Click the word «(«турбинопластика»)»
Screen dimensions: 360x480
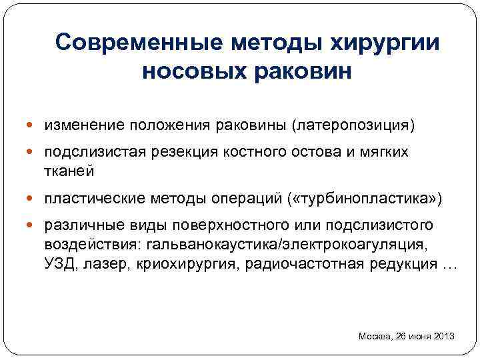coord(365,199)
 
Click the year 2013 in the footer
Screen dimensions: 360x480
coord(443,336)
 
